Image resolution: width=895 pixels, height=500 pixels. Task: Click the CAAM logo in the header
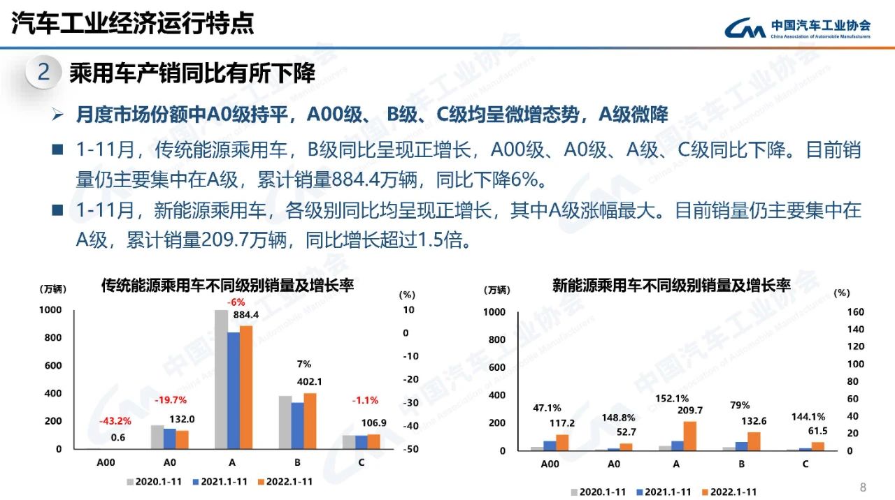coord(798,27)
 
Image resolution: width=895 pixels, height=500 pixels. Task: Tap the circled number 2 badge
coord(43,73)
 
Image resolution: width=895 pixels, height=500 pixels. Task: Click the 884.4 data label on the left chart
coord(245,315)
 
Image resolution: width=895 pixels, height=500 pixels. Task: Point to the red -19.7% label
coord(170,400)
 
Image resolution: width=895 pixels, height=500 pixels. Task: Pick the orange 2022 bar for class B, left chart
coord(310,421)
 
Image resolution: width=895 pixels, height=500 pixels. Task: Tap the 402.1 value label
coord(310,382)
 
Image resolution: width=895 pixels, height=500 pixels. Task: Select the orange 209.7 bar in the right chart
coord(689,436)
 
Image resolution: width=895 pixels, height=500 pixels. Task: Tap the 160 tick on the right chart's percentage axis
coord(856,312)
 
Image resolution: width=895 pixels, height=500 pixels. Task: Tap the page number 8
coord(862,487)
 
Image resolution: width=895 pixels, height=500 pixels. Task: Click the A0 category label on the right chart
coord(614,465)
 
